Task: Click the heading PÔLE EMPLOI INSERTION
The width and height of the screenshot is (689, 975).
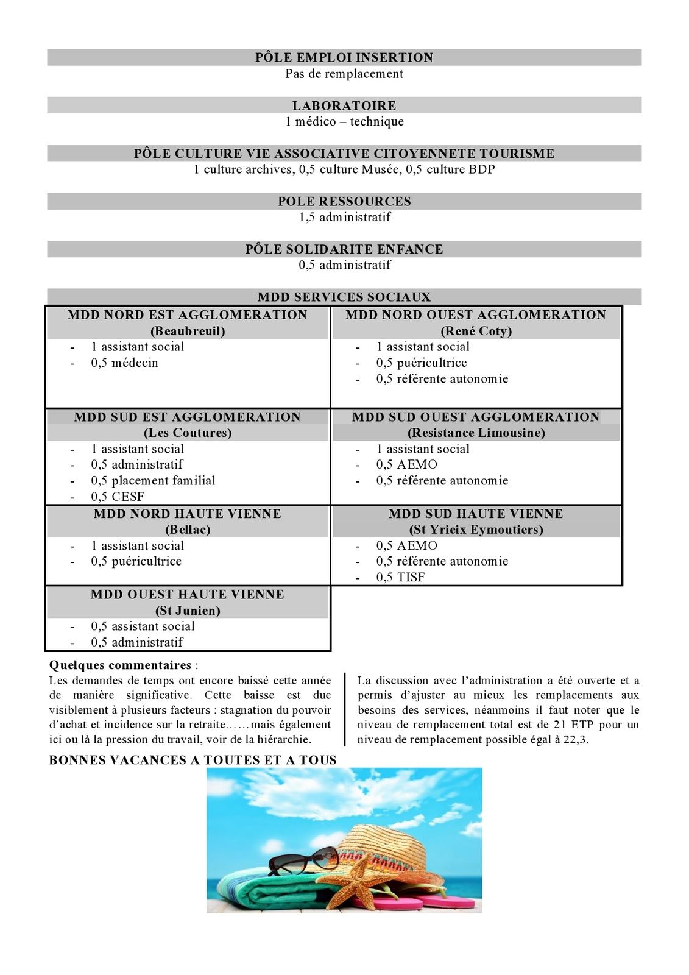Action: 344,57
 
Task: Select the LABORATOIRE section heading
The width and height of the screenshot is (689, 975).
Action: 344,105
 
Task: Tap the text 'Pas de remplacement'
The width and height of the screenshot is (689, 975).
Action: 344,74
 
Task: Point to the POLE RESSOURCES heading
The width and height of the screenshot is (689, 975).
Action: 344,201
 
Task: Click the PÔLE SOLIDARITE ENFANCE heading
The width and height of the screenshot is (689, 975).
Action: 344,249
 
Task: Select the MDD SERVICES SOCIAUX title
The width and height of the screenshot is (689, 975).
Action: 344,297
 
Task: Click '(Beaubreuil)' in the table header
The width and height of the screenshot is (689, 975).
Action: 188,331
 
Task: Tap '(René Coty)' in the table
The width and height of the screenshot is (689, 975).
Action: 476,331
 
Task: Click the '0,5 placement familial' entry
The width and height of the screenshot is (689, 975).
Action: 153,481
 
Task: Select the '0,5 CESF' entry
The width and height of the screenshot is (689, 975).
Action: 118,497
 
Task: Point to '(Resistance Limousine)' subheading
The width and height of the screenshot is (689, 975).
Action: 476,433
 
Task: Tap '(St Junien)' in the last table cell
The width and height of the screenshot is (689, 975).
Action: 188,611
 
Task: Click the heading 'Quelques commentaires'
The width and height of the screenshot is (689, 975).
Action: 120,665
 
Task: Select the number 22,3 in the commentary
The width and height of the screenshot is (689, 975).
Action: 576,740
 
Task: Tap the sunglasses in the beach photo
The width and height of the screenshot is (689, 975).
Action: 303,860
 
